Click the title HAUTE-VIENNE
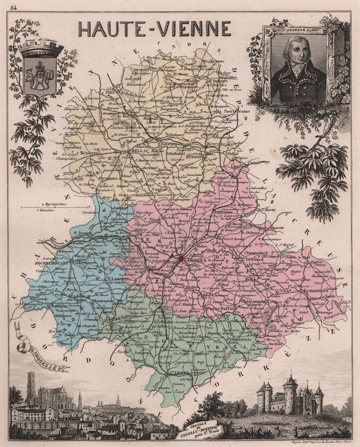[155, 29]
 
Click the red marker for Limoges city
[181, 258]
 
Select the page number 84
[14, 8]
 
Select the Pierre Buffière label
[221, 309]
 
